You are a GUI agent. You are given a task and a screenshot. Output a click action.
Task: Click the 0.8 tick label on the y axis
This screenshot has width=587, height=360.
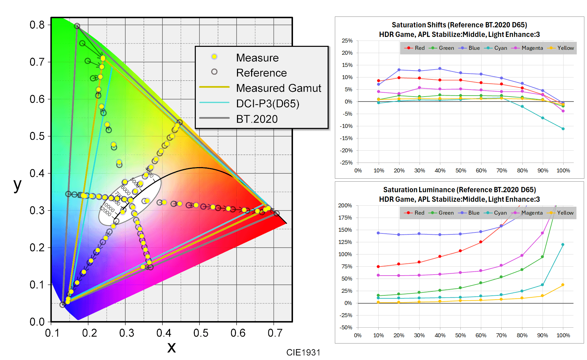pyautogui.click(x=37, y=25)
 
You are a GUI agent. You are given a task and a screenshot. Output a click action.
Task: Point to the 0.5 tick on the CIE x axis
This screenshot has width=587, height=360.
pyautogui.click(x=201, y=333)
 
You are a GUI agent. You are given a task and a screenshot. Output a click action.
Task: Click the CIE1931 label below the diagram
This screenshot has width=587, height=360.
pyautogui.click(x=303, y=352)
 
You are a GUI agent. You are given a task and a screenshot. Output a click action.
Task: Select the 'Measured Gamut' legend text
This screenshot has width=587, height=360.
pyautogui.click(x=279, y=88)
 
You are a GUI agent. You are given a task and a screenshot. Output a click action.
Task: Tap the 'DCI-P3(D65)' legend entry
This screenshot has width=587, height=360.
pyautogui.click(x=268, y=104)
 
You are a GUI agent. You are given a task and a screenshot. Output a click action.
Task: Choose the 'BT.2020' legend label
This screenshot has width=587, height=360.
pyautogui.click(x=257, y=119)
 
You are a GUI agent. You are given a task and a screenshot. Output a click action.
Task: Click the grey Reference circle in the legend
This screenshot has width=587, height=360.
pyautogui.click(x=214, y=72)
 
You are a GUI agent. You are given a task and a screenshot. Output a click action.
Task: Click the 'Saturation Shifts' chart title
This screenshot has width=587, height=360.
pyautogui.click(x=459, y=25)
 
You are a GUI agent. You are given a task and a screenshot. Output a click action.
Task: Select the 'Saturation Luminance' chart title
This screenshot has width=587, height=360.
pyautogui.click(x=459, y=190)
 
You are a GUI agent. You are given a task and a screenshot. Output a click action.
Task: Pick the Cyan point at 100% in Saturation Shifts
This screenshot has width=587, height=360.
pyautogui.click(x=563, y=129)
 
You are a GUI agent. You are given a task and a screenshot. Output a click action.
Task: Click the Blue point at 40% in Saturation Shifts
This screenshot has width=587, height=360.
pyautogui.click(x=440, y=69)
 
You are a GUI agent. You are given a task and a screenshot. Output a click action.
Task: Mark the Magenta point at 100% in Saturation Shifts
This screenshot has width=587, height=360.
pyautogui.click(x=563, y=111)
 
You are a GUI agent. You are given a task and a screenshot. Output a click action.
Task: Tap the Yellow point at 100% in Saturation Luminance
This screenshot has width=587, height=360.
pyautogui.click(x=563, y=285)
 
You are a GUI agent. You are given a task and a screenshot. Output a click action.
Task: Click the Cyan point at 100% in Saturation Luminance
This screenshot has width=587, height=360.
pyautogui.click(x=563, y=245)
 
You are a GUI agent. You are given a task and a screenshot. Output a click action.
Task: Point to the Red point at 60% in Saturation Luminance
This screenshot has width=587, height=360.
pyautogui.click(x=481, y=242)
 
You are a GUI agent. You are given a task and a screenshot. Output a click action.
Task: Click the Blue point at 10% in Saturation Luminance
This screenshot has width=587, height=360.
pyautogui.click(x=378, y=233)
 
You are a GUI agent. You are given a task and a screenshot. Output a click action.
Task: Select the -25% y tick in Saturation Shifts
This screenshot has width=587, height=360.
pyautogui.click(x=346, y=163)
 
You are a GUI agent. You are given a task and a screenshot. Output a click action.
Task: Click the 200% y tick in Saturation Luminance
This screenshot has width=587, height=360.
pyautogui.click(x=345, y=205)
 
